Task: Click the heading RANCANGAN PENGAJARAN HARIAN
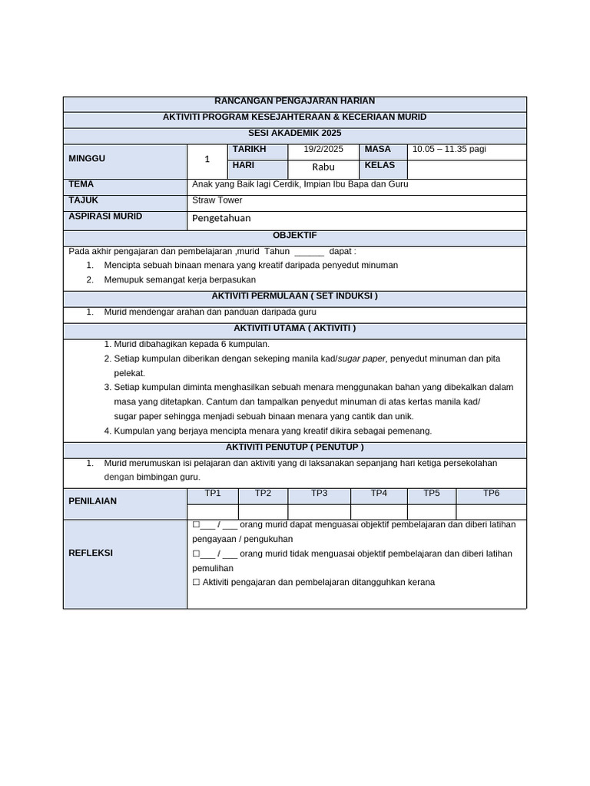294,101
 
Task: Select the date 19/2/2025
323,150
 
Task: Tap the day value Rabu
323,167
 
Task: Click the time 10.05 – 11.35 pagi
449,150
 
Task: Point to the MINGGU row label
87,158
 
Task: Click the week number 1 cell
207,160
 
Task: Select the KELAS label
380,166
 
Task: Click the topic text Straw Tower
217,200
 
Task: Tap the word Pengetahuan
221,218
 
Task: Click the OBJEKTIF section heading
295,236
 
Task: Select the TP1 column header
213,494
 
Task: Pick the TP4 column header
379,494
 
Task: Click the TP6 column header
491,494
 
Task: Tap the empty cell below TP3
319,511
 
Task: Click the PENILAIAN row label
93,501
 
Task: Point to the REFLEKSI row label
91,553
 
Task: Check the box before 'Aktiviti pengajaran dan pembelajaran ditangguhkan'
197,583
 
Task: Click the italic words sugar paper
364,358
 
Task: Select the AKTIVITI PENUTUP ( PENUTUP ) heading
295,447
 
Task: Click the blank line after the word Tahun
309,252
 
